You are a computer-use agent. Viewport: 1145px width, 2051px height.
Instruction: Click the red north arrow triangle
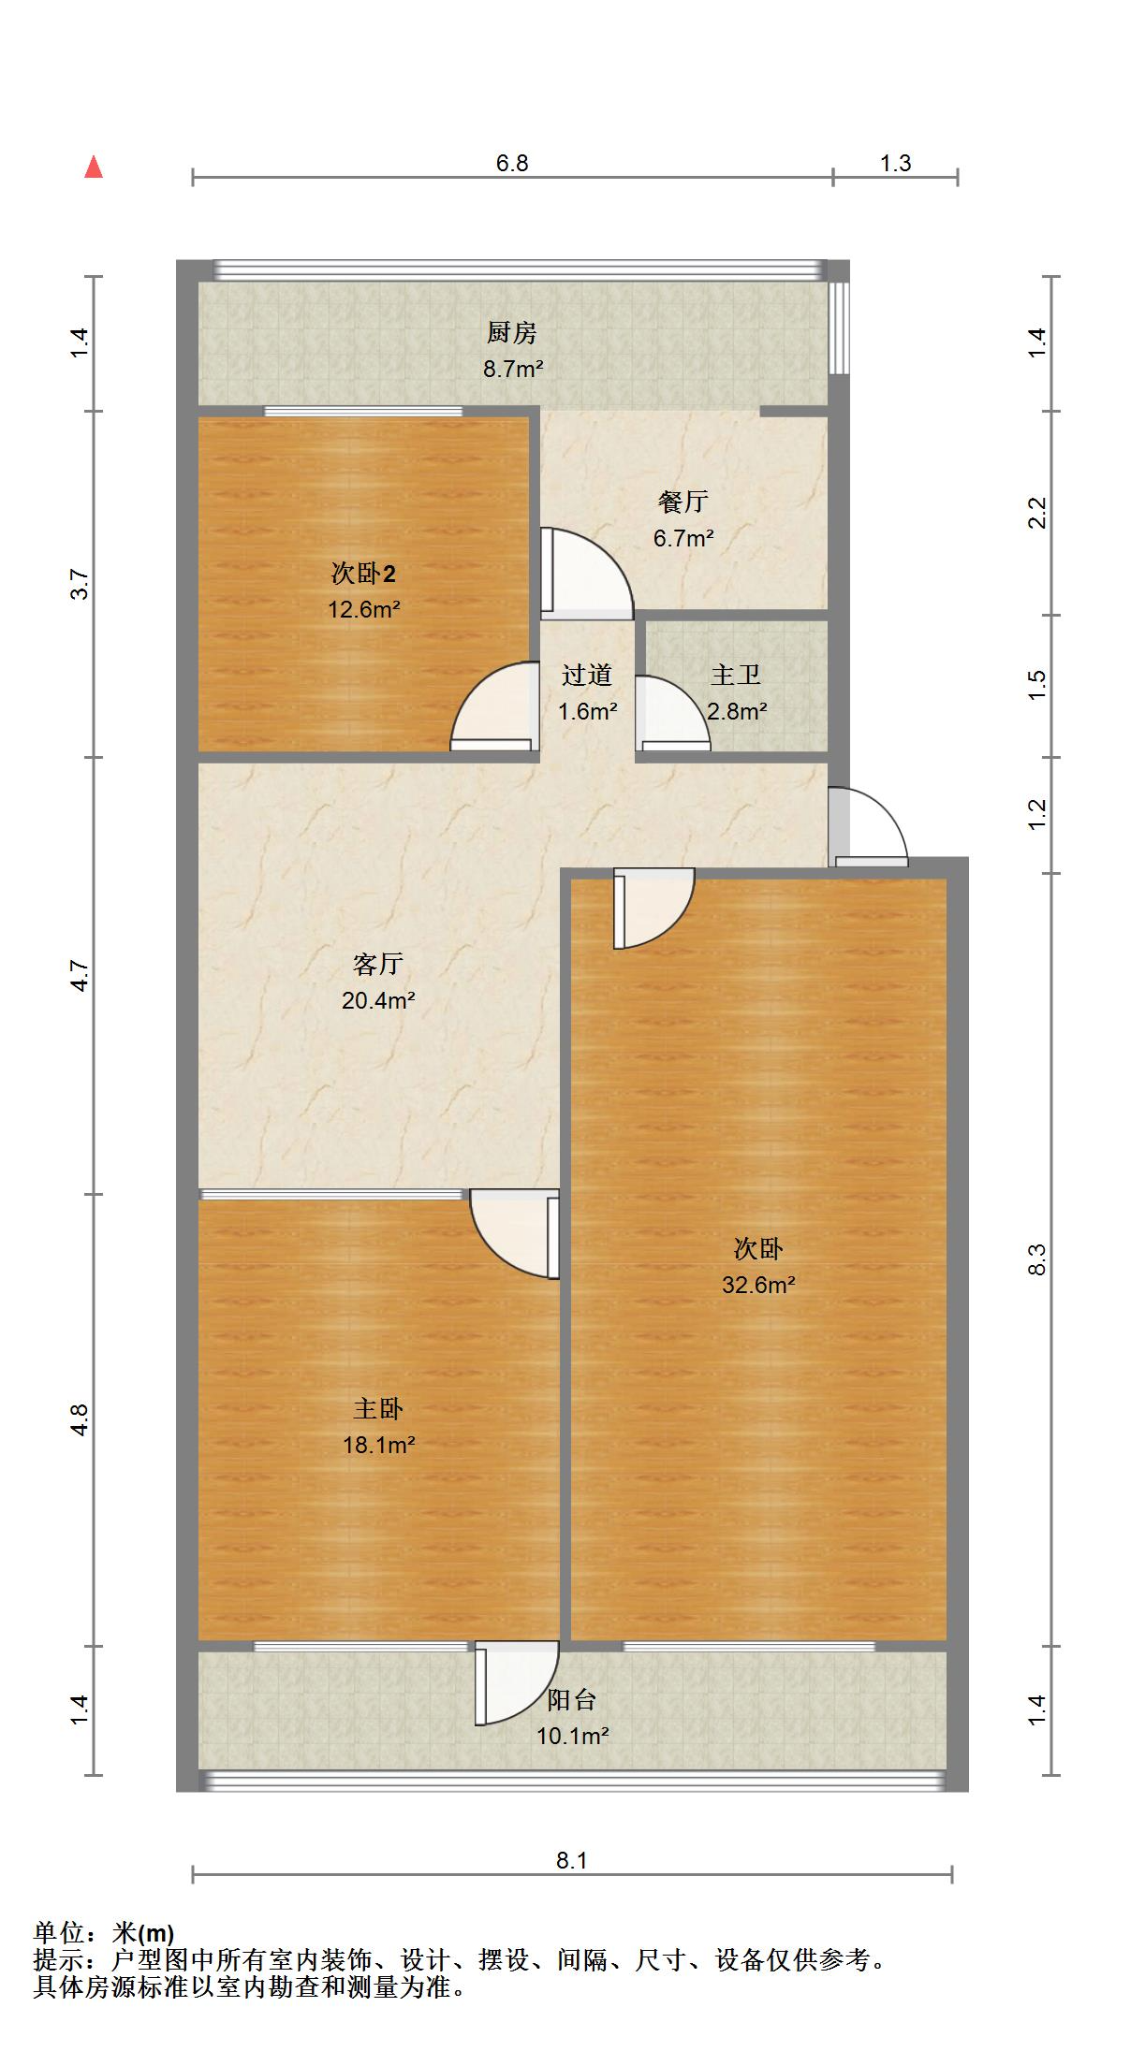94,167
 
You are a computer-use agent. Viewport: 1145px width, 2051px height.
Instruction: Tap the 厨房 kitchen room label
511,333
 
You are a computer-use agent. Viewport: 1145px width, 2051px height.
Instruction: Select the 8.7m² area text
513,369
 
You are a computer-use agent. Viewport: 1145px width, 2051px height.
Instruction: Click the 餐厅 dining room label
683,502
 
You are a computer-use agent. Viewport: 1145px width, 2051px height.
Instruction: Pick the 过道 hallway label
587,675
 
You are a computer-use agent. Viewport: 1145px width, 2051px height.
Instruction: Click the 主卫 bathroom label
735,675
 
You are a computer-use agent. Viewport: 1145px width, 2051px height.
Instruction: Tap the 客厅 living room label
377,964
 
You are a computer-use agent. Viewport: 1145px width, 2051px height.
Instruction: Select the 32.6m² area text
757,1285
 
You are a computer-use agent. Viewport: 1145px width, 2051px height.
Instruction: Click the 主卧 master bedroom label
377,1408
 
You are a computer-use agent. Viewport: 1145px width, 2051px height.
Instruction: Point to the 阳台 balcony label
571,1700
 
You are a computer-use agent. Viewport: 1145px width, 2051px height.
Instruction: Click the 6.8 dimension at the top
512,164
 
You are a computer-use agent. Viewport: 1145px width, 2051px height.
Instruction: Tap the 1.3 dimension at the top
895,164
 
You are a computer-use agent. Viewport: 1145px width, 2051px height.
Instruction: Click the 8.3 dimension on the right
1036,1259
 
